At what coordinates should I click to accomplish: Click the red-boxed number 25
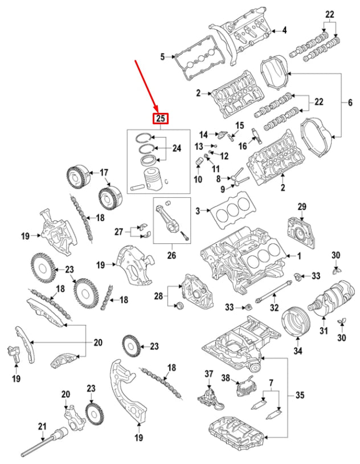pos(161,119)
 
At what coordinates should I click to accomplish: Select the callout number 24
pos(177,149)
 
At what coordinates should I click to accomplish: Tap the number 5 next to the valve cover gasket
pos(162,56)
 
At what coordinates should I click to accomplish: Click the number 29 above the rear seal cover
pos(302,206)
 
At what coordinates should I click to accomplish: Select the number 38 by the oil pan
pos(226,378)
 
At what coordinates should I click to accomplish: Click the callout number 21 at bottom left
pos(41,426)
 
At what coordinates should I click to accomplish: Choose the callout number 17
pos(104,172)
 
